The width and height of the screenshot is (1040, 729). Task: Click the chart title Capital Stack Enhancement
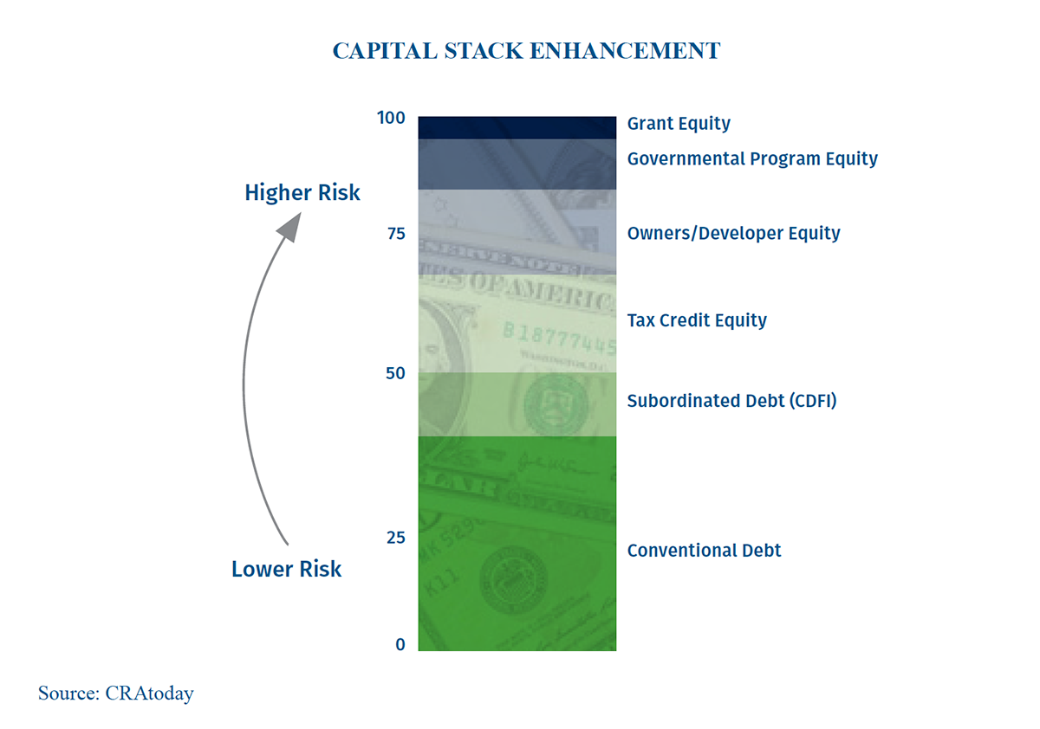[526, 51]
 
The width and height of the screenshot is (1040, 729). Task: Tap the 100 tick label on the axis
[391, 118]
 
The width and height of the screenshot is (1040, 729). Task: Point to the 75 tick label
[395, 234]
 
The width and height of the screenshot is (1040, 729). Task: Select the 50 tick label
[395, 373]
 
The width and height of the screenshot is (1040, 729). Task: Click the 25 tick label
[395, 538]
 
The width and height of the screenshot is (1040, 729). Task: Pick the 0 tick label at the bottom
[400, 644]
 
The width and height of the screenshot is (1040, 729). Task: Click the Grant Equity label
[679, 124]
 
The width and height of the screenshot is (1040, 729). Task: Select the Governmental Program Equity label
[752, 159]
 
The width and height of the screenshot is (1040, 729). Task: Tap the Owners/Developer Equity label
[733, 234]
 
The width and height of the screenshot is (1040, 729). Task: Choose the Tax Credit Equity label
[697, 320]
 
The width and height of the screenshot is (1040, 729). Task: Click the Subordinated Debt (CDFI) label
[731, 401]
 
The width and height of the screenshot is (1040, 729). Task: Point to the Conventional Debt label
[704, 551]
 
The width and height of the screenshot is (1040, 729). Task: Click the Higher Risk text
[302, 192]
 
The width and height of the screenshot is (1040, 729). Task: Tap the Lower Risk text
[286, 569]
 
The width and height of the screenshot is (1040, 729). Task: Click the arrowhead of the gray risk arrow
[289, 227]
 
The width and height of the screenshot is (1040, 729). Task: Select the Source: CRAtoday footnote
[115, 694]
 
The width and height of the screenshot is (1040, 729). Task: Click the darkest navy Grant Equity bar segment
[517, 127]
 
